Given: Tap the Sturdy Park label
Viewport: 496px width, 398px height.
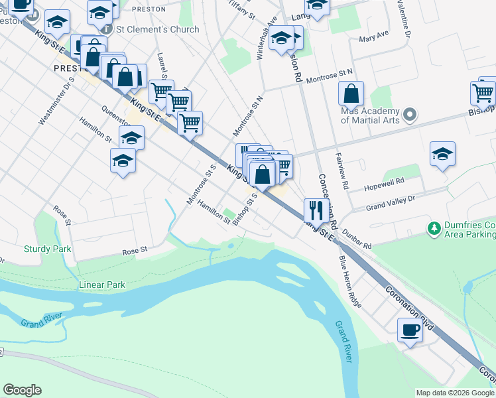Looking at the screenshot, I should (46, 249).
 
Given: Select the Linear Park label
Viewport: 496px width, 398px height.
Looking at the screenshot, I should (102, 285).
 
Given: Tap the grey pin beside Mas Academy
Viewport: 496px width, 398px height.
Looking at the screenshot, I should (410, 115).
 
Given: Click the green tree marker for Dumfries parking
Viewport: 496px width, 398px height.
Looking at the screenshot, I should (434, 228).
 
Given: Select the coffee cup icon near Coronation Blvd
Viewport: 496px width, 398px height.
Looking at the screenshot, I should (409, 329).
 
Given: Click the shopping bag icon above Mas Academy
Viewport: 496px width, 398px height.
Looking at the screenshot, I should (351, 94).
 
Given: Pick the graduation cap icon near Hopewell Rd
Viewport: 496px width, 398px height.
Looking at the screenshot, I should (442, 155).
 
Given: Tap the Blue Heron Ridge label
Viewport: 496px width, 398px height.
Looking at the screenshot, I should (350, 281).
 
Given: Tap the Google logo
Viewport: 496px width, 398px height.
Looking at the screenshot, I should (22, 390).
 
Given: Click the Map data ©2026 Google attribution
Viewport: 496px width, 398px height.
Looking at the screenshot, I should (454, 393).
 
